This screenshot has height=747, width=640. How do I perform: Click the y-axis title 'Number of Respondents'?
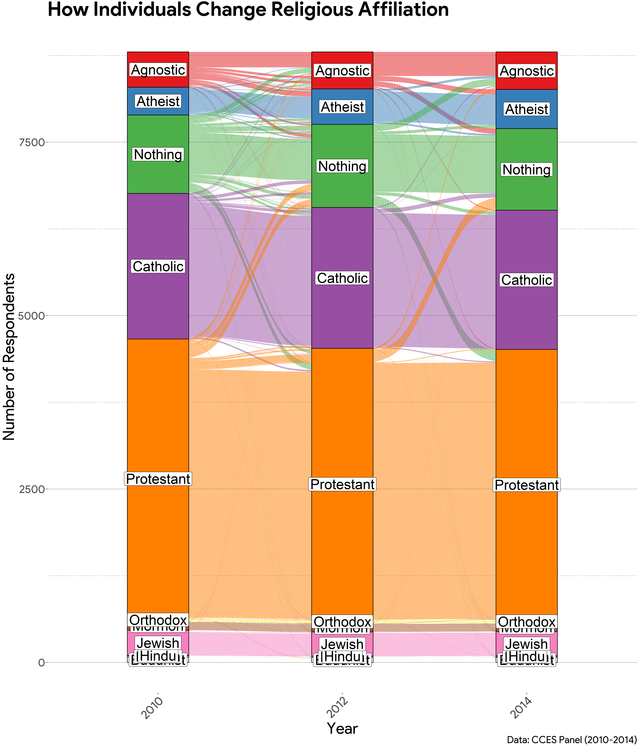pos(9,357)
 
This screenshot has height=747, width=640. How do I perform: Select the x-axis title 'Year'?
pos(342,728)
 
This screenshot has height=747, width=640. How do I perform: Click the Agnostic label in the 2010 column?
pos(158,70)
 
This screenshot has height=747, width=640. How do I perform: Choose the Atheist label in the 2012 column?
pos(342,107)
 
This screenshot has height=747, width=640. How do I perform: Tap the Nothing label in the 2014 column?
pos(526,170)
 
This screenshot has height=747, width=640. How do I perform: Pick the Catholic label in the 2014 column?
pos(526,280)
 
